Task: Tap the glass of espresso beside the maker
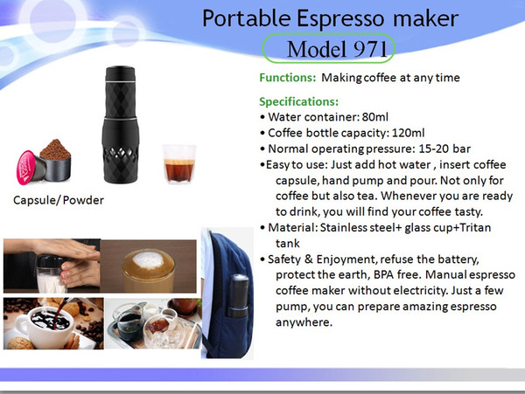[x=179, y=163]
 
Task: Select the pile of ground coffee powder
[x=55, y=149]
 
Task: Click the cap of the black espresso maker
[x=121, y=73]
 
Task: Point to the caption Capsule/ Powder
[x=59, y=200]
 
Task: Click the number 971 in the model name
[x=370, y=50]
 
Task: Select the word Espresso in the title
[x=340, y=18]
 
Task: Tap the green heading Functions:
[x=288, y=78]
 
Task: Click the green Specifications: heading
[x=298, y=101]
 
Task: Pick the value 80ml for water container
[x=375, y=117]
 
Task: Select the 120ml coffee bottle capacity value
[x=408, y=133]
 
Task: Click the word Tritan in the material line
[x=475, y=228]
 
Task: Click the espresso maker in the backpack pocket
[x=238, y=296]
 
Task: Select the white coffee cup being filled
[x=45, y=327]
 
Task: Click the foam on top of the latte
[x=147, y=259]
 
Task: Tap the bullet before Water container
[x=262, y=117]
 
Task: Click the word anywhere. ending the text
[x=304, y=322]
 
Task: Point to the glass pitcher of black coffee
[x=129, y=321]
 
